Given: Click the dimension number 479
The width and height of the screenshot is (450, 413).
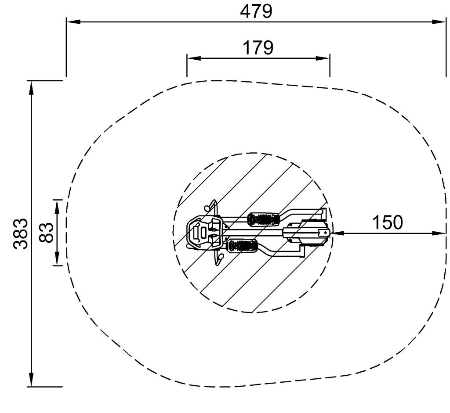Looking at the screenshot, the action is coord(256,12).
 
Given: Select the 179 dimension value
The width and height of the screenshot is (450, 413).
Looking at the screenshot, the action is coord(258,47).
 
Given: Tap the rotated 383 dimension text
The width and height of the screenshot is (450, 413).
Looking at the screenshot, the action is coord(21,233).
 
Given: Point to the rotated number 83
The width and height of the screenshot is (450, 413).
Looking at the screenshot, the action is coord(46,233).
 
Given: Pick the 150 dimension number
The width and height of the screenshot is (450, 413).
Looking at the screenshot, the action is coord(388,222).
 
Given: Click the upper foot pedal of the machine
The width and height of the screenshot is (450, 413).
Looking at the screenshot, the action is coord(264,219).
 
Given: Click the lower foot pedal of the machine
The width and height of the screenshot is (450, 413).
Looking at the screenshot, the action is coord(242,246).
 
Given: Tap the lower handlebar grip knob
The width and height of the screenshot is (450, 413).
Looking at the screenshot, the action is coord(221,256).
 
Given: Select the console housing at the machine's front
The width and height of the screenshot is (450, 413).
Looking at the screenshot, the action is coord(204,232).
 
